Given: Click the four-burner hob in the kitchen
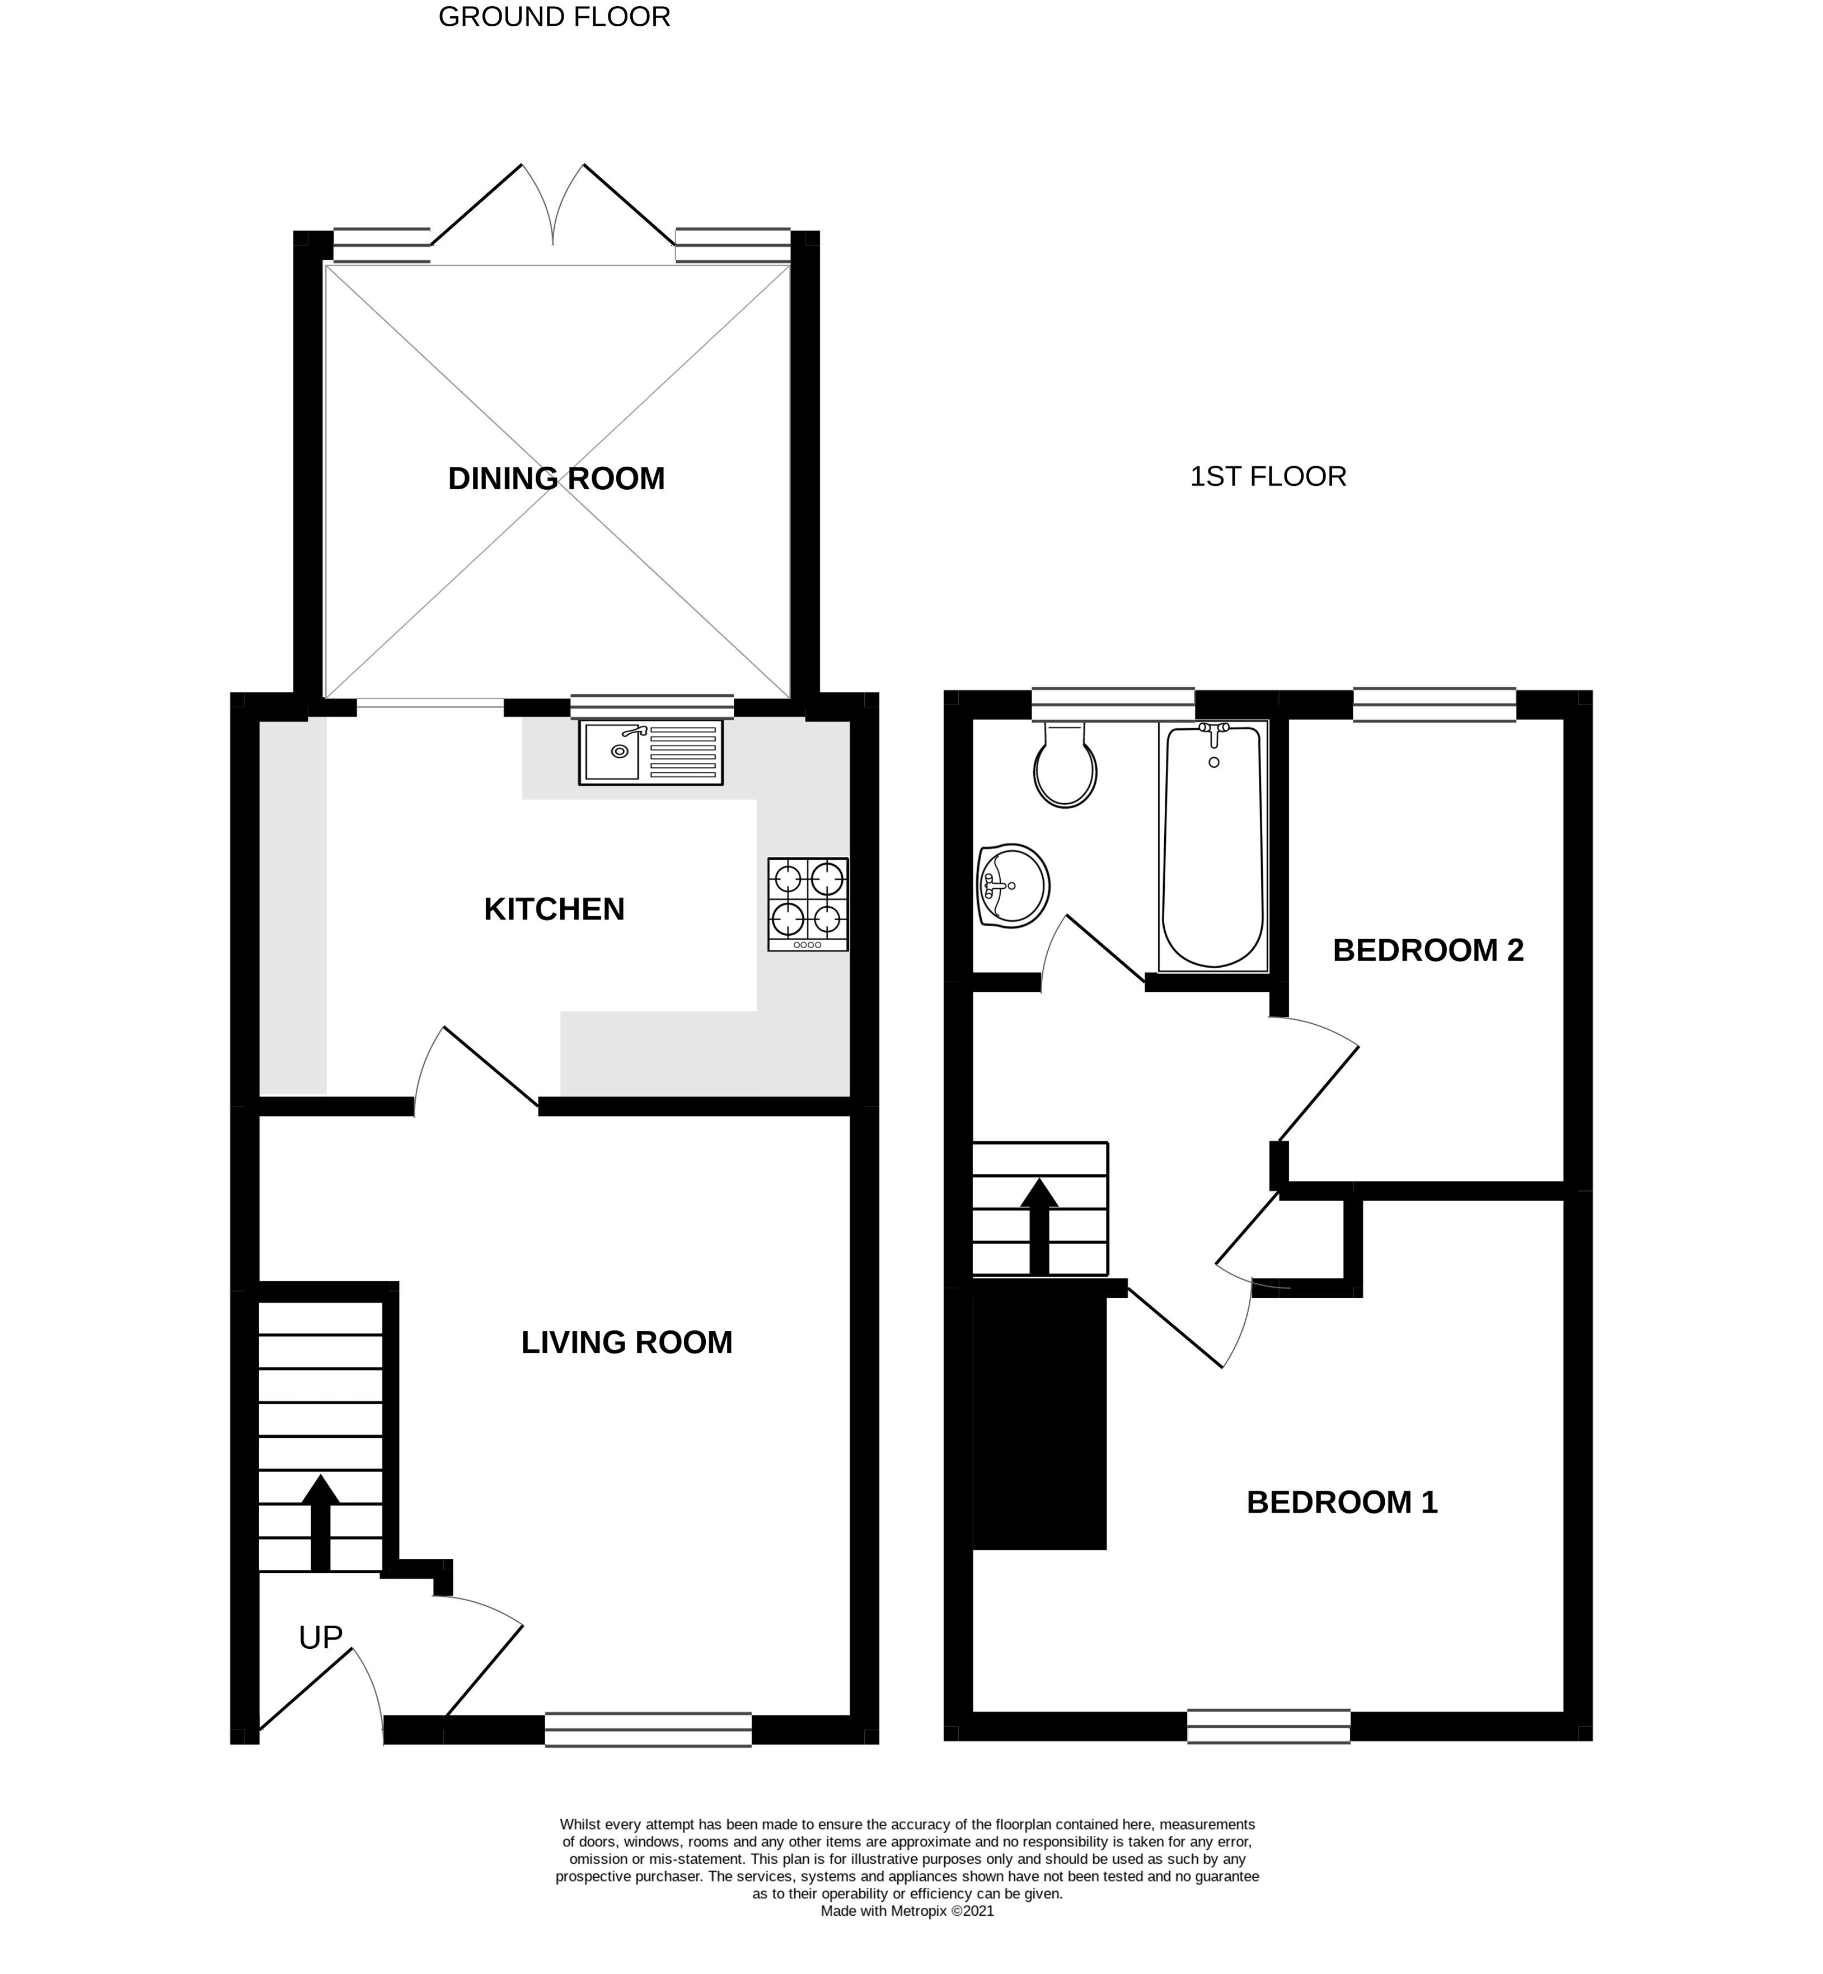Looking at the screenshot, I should [x=807, y=904].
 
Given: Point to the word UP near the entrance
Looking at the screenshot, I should [x=321, y=1638].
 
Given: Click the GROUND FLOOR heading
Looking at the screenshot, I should [x=554, y=17].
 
